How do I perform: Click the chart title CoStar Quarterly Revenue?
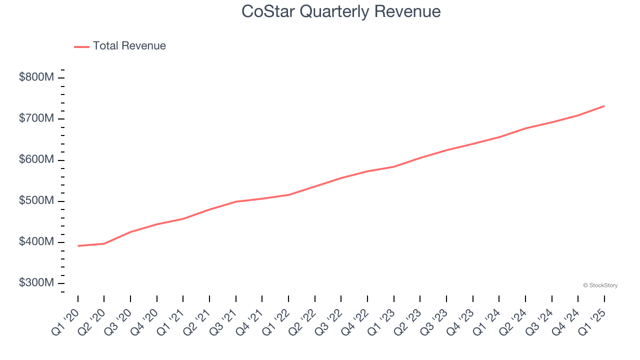tap(341, 11)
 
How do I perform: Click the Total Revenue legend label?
tap(129, 46)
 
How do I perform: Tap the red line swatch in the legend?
tap(81, 46)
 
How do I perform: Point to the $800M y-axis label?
tap(36, 77)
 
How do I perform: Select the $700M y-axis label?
tap(36, 118)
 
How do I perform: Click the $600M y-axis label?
tap(36, 159)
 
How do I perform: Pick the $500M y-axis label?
tap(36, 200)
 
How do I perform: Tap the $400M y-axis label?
tap(36, 242)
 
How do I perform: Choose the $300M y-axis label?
tap(36, 283)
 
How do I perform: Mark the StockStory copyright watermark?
tap(600, 285)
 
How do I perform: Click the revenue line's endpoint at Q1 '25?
tap(604, 106)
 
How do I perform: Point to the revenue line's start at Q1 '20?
tap(78, 246)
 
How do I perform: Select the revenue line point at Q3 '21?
tap(236, 201)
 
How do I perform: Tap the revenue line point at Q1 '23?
tap(394, 166)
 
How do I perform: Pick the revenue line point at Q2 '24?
tap(525, 128)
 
